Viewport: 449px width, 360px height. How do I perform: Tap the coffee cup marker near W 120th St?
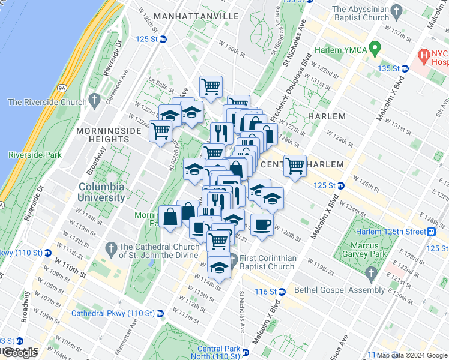(x=262, y=225)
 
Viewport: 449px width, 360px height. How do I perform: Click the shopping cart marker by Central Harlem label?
(x=295, y=165)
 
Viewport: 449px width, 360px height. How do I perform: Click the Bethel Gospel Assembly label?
(x=339, y=290)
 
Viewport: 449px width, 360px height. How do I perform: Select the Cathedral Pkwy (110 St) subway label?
(x=113, y=313)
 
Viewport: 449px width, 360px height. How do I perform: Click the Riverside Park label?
(x=35, y=155)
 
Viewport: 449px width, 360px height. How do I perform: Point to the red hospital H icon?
(x=425, y=56)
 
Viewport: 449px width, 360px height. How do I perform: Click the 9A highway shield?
(x=62, y=88)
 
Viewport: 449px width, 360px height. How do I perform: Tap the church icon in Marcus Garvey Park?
(x=370, y=275)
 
